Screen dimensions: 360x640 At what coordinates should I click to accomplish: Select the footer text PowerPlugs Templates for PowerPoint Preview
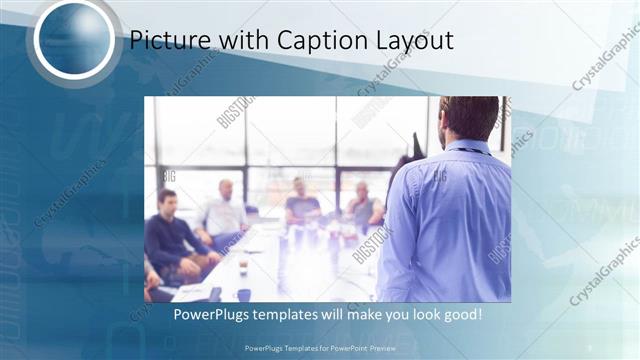coord(319,348)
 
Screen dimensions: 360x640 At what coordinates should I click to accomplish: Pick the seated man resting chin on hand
coord(362,207)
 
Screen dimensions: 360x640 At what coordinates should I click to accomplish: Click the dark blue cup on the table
coord(244,294)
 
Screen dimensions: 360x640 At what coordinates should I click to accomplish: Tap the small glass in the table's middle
coord(242,267)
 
